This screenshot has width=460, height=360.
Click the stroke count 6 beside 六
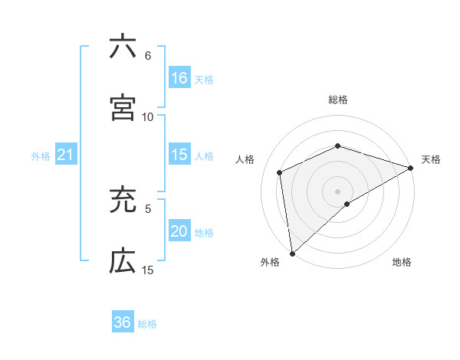[148, 56]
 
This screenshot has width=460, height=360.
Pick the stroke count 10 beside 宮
[148, 116]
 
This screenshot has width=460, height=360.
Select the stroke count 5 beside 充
[148, 208]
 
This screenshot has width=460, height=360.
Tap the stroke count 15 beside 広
[148, 270]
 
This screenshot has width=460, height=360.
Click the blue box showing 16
[179, 78]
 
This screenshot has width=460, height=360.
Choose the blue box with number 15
[179, 155]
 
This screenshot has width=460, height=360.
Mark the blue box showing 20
[179, 231]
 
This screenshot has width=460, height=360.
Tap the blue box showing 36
[123, 322]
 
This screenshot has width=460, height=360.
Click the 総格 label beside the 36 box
[147, 324]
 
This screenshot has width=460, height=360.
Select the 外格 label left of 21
[41, 156]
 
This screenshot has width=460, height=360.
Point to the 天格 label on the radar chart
[431, 159]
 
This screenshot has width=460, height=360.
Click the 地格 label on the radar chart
[402, 263]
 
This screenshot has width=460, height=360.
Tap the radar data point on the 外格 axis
[292, 253]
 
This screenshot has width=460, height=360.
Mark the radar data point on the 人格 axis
[280, 172]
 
